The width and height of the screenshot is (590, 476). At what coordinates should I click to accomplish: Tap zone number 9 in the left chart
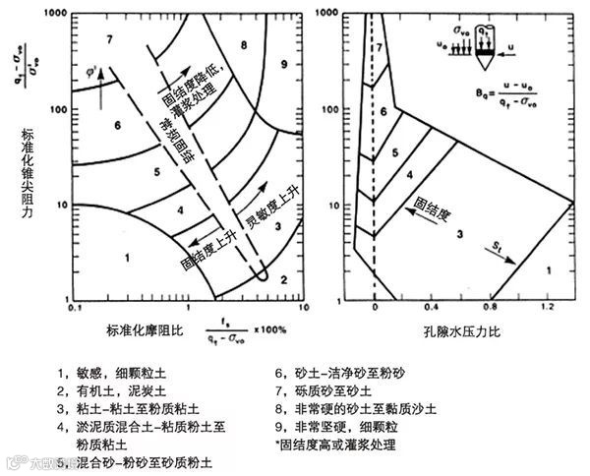point(284,62)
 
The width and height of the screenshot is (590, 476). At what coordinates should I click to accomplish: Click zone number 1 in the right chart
point(549,268)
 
